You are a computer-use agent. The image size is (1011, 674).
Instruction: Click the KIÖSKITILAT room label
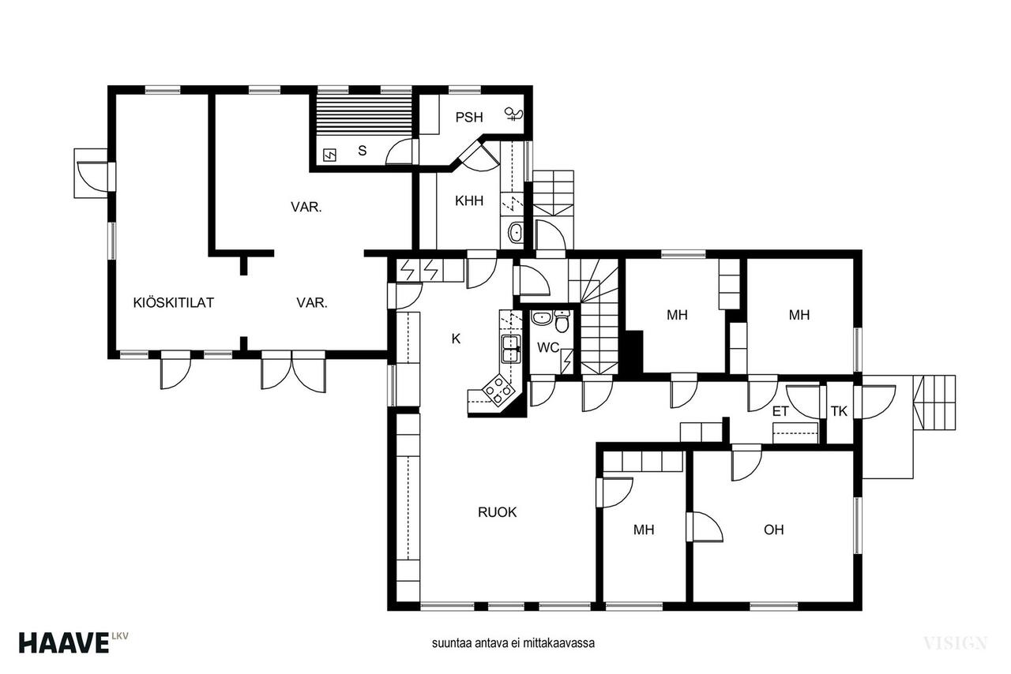pos(173,302)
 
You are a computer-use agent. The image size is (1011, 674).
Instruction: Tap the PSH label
pos(469,118)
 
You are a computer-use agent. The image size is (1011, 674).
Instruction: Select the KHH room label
pos(469,200)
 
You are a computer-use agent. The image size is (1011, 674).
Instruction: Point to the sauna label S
pos(362,151)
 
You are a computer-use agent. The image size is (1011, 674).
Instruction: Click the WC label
pos(548,347)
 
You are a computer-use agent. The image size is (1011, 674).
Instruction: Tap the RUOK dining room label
pos(497,512)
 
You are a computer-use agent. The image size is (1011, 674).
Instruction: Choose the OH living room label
pos(773,530)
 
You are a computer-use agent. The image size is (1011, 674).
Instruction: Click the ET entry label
pos(780,411)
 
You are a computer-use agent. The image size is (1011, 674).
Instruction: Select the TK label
pos(839,411)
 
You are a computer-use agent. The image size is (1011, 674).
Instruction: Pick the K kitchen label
pos(456,339)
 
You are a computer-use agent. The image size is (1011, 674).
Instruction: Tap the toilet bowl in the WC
pos(562,321)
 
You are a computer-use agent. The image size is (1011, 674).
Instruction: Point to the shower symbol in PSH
pos(514,114)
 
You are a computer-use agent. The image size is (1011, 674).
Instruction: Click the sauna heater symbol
pos(330,155)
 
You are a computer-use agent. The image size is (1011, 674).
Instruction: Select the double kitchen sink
pos(510,349)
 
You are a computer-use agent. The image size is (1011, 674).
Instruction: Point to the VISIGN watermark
pos(956,643)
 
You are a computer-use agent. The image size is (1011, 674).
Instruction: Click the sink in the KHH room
pos(514,233)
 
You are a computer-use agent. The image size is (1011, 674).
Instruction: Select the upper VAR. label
pos(306,207)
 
